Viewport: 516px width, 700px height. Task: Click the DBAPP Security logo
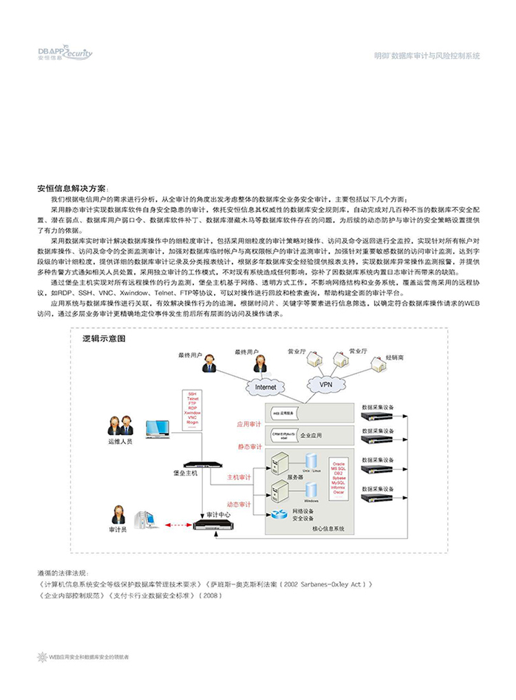64,53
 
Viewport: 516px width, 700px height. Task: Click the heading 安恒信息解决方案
72,188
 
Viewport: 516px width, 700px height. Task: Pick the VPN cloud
325,383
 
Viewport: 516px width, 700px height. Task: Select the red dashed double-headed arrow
178,526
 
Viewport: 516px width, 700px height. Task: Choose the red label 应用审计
249,424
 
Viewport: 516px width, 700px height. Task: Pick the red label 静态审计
249,447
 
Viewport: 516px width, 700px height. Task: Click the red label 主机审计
239,477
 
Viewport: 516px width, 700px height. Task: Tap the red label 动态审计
239,505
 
